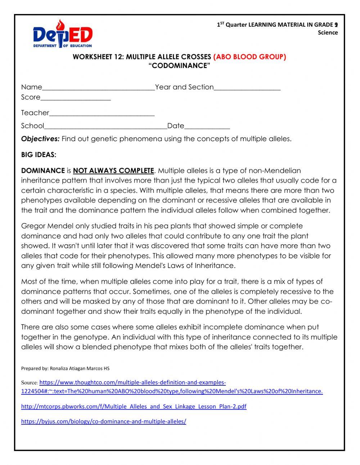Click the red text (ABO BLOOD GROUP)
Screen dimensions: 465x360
pos(249,57)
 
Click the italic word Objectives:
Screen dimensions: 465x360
pos(40,139)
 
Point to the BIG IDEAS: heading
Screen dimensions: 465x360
pos(39,155)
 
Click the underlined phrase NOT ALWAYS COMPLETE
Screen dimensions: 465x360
pos(113,170)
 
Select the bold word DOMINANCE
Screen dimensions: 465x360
pos(43,170)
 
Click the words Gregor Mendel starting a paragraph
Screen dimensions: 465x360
pos(47,226)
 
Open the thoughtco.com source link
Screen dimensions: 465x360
pos(132,383)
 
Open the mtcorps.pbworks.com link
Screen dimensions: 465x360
pos(134,406)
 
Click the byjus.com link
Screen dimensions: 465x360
pos(104,421)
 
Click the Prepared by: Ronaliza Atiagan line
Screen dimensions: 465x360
pos(65,368)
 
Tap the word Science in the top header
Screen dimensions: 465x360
pos(328,32)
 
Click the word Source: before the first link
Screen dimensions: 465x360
pos(29,383)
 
